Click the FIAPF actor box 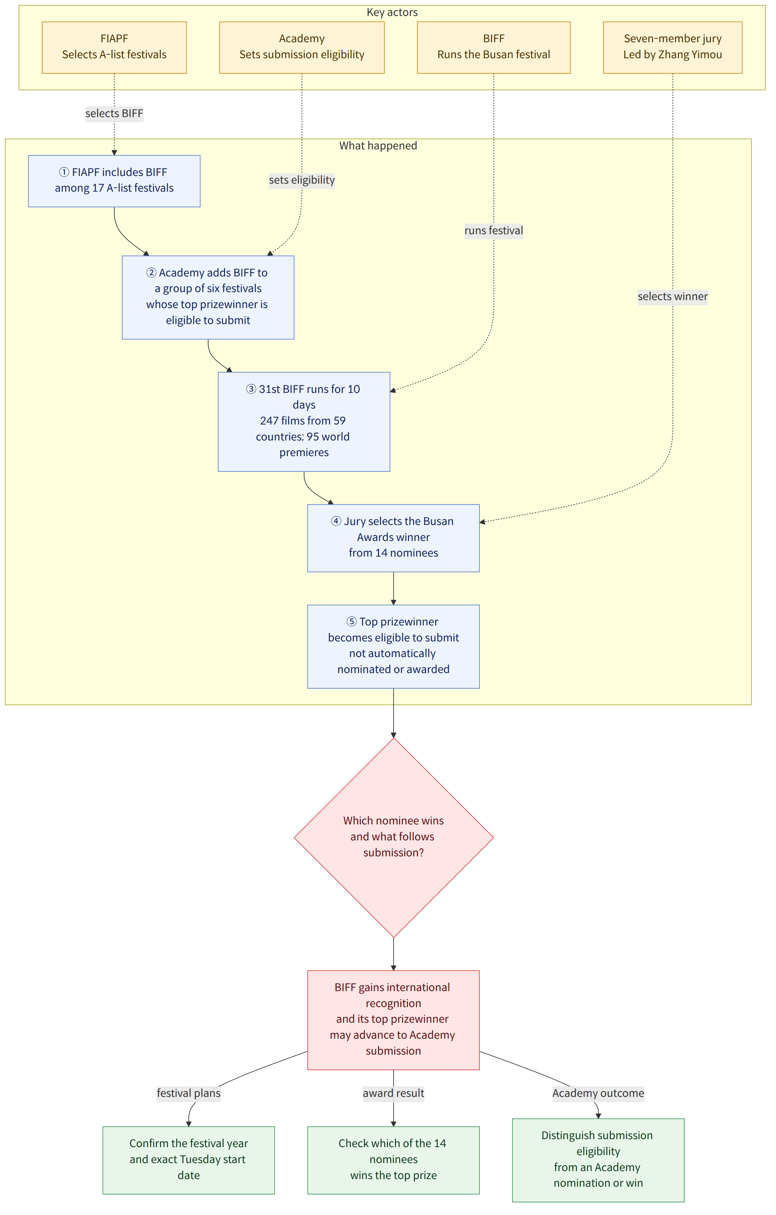pos(114,48)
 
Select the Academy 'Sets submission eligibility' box pos(302,48)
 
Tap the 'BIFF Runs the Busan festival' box pos(494,48)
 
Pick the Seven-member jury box pos(673,48)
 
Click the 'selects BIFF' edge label pos(114,113)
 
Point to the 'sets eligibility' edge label pos(302,180)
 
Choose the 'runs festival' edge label pos(494,231)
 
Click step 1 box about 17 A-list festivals pos(114,181)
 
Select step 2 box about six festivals pos(208,297)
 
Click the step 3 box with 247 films pos(304,422)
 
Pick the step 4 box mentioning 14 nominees pos(393,538)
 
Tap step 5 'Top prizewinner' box pos(393,646)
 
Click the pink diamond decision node pos(394,838)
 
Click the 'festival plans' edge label pos(189,1093)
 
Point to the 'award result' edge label pos(393,1093)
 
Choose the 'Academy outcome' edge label pos(598,1093)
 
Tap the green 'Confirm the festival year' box pos(189,1159)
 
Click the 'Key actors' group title pos(392,12)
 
